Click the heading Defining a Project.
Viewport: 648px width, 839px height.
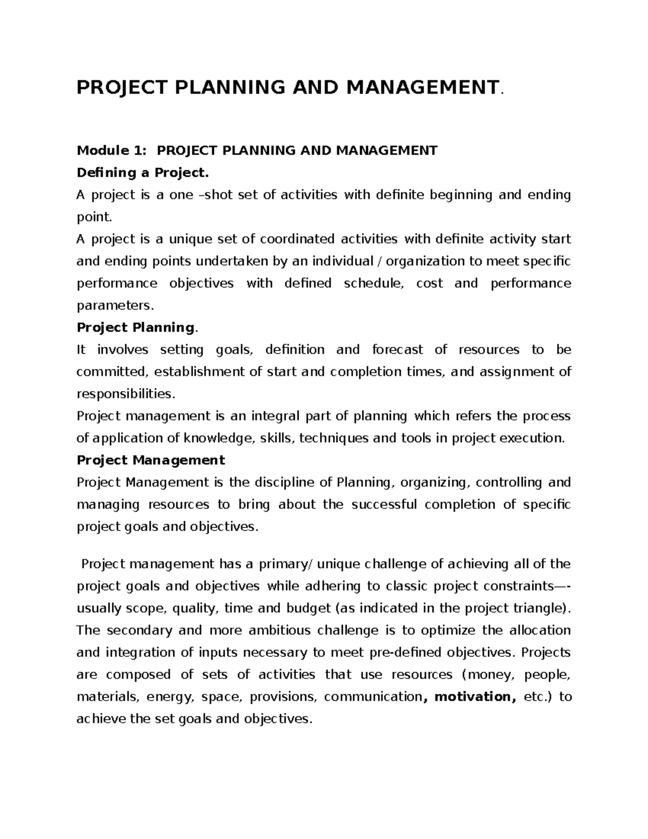(142, 173)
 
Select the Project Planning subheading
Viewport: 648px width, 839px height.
(136, 328)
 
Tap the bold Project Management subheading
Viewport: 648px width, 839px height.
(151, 460)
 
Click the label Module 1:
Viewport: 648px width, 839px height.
(111, 151)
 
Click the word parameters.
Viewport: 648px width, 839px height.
(114, 306)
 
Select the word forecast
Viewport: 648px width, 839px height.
(397, 350)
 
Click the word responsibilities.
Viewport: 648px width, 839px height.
(125, 394)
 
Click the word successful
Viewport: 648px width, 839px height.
(384, 505)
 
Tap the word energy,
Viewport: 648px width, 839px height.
(170, 697)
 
